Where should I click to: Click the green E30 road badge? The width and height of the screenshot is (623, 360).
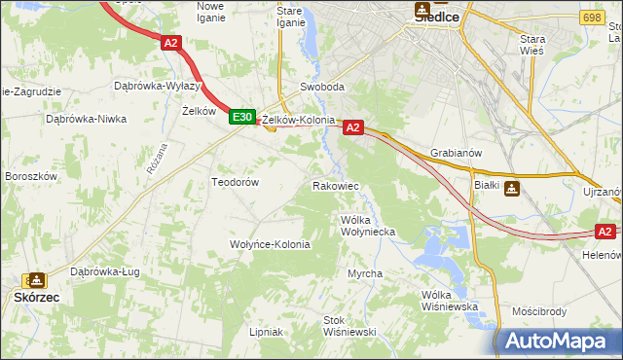point(242,117)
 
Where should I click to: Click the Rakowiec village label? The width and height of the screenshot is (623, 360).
point(336,185)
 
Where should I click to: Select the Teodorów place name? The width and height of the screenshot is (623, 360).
point(235,182)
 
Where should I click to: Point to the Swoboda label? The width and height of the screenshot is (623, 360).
point(322,87)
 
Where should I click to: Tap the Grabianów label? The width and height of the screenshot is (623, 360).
point(456,153)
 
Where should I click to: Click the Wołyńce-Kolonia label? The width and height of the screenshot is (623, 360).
point(269,244)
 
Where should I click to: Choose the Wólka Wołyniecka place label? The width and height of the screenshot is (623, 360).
point(367,226)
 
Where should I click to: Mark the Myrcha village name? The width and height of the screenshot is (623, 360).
point(365,273)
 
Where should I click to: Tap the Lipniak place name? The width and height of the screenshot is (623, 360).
point(265,332)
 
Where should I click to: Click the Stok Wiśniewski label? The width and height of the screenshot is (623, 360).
point(349,325)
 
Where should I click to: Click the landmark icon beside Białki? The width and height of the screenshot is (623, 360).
point(512,189)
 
